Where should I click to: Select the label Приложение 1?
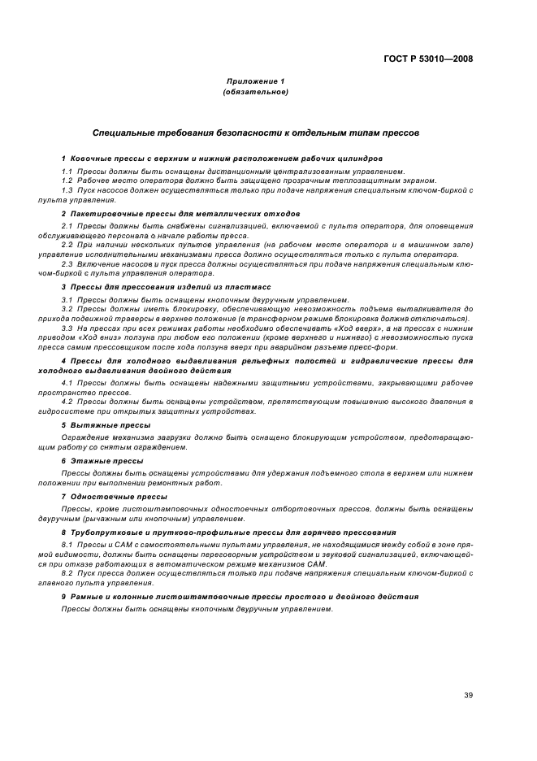(x=255, y=81)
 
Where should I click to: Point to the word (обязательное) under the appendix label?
(x=255, y=92)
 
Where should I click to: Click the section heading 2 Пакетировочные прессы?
(x=174, y=213)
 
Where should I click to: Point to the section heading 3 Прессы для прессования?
(x=168, y=288)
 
